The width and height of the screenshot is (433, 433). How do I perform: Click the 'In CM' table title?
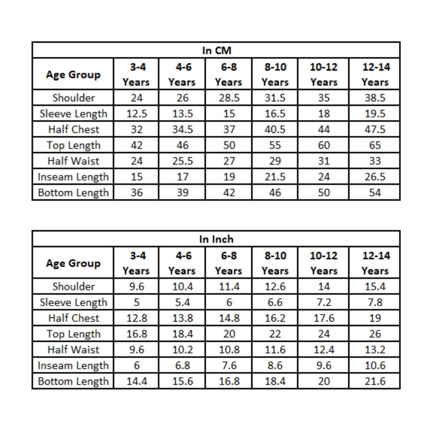click(x=216, y=51)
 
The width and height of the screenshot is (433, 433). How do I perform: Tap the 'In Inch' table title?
click(x=216, y=239)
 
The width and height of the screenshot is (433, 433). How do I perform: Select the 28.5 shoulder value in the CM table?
click(x=229, y=98)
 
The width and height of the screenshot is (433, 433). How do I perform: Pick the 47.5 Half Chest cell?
click(x=375, y=129)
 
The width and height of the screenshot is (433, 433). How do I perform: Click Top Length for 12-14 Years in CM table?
click(x=375, y=145)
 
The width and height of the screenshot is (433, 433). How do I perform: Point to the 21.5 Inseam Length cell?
click(x=275, y=177)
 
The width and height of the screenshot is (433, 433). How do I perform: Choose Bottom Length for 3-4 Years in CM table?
click(x=136, y=193)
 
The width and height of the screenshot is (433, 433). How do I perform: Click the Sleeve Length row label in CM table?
click(x=73, y=114)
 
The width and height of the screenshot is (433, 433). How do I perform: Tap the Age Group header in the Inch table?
click(x=73, y=264)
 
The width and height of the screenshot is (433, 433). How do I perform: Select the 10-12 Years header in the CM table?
click(x=323, y=74)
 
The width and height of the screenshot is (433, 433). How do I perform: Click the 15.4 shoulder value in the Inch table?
click(x=375, y=287)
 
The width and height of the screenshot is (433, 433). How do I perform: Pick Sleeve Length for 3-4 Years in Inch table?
click(x=136, y=302)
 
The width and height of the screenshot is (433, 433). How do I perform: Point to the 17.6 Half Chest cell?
click(x=323, y=318)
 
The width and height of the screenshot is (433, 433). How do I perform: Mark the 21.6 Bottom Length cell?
click(x=375, y=381)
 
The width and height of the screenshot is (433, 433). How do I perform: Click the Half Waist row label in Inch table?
click(x=73, y=350)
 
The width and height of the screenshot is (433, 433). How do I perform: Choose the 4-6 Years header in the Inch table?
click(x=182, y=263)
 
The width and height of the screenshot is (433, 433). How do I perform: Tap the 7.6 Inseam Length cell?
click(x=229, y=366)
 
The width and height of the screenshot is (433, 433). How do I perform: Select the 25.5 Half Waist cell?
click(x=182, y=161)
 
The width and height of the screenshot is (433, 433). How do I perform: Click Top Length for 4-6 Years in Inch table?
click(x=182, y=334)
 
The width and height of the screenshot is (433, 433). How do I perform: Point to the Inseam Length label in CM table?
click(x=73, y=177)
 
